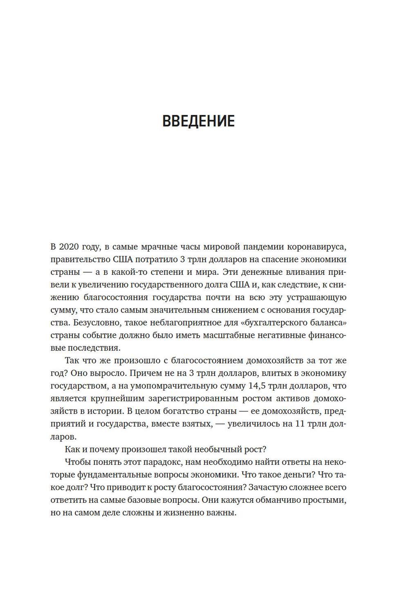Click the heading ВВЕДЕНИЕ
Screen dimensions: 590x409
tap(198, 121)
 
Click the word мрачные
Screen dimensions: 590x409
tap(157, 247)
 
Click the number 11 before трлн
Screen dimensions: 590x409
tap(300, 424)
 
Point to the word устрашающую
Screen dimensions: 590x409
tap(316, 297)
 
